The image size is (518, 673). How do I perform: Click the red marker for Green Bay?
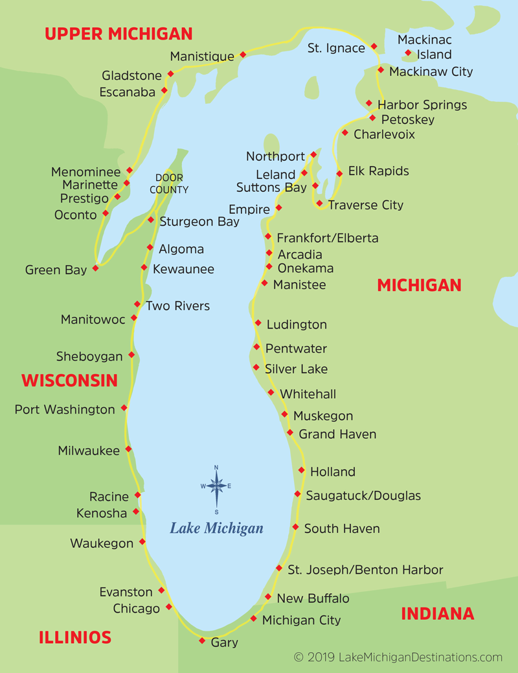point(96,267)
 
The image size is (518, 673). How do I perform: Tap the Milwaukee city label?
point(89,451)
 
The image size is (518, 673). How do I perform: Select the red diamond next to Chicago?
point(169,607)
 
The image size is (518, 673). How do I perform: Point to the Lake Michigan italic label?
point(216,528)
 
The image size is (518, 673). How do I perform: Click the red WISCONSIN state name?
point(70,380)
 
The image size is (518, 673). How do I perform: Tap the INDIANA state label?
point(438,613)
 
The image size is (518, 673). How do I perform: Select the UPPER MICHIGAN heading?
point(118,34)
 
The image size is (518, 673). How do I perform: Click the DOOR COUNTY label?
point(169,184)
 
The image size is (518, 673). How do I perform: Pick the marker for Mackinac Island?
point(408,53)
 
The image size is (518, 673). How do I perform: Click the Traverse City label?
point(365,205)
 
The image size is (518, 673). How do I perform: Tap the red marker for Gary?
point(201,641)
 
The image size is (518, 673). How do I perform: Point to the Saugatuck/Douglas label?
point(363,495)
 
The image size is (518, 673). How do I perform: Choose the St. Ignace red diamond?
point(374,47)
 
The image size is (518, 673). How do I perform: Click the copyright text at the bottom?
point(398,657)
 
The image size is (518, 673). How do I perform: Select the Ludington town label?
point(297,324)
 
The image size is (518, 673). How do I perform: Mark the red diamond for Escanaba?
point(164,90)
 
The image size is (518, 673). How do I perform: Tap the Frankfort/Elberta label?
point(328,238)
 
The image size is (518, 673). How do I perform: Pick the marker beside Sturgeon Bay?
point(151,220)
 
